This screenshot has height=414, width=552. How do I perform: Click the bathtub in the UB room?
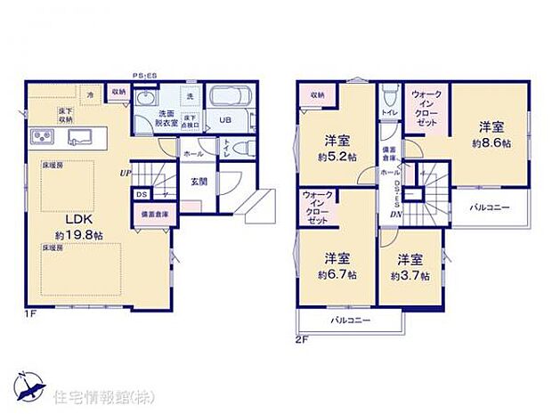[231, 99]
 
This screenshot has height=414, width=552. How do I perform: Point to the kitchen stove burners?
[43, 136]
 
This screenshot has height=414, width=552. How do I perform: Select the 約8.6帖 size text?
[492, 142]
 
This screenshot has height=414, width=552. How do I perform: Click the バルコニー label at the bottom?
[350, 320]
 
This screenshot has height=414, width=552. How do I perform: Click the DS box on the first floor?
[142, 193]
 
